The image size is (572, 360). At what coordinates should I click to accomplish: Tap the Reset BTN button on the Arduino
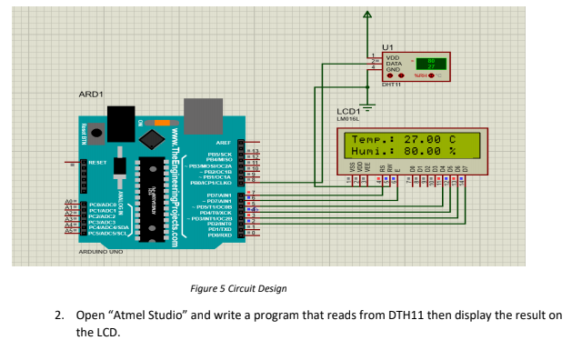click(x=85, y=129)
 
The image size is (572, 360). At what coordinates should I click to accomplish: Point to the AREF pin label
click(x=222, y=143)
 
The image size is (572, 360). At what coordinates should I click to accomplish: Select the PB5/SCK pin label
click(x=219, y=154)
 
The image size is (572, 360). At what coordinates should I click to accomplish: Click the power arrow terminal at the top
click(x=367, y=15)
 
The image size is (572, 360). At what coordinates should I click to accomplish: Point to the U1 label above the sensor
click(x=387, y=45)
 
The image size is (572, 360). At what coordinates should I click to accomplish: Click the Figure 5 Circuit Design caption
click(x=238, y=288)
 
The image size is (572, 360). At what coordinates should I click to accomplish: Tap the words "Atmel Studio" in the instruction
click(x=150, y=315)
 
